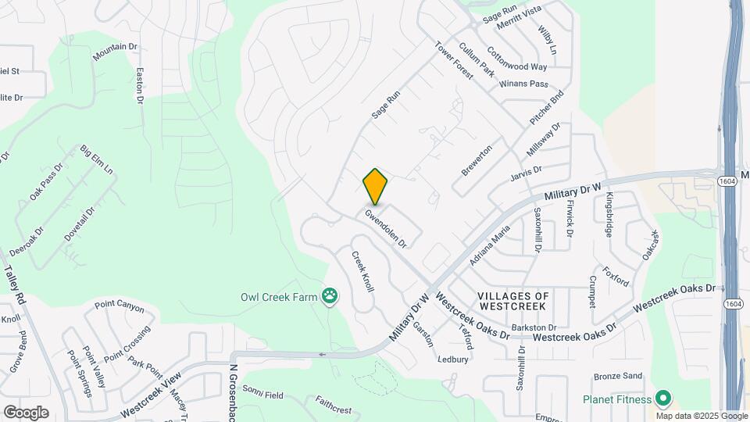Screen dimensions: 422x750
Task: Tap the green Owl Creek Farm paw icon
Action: point(332,296)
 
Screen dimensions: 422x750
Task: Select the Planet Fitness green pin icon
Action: point(664,399)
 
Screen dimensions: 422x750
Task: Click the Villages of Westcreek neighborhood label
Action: point(513,302)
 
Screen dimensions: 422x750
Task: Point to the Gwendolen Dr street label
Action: point(386,227)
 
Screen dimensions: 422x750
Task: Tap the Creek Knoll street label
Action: point(362,271)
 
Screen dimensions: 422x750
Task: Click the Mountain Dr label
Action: point(115,52)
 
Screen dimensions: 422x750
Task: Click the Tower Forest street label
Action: point(455,59)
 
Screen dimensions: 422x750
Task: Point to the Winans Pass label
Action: point(523,83)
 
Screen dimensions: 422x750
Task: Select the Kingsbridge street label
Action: point(609,215)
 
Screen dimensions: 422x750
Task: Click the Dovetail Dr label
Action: point(80,222)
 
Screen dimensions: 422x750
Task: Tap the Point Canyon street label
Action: point(120,306)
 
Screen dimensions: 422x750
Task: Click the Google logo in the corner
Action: point(26,412)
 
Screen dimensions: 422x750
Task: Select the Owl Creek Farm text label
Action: point(280,297)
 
